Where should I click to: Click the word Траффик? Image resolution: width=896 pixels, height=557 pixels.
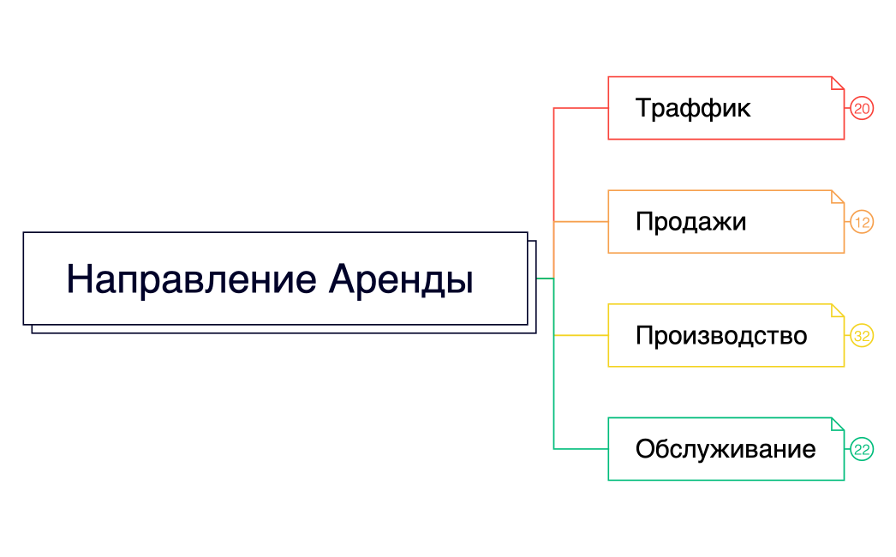point(692,109)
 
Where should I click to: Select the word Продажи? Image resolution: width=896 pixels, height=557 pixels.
point(690,222)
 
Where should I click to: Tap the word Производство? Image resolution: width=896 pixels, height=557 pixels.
point(720,335)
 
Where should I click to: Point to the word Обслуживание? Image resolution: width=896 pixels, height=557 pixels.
point(725,449)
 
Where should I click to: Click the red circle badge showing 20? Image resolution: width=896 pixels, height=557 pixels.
point(862,108)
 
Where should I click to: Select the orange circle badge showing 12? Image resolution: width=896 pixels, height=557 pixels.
point(862,222)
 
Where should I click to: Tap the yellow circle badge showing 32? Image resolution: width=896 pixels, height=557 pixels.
point(862,336)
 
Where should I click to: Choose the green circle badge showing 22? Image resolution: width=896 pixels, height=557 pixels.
point(862,449)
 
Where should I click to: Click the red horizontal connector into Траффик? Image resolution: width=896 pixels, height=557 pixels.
point(581,108)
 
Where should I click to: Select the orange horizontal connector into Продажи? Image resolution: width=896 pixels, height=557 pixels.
point(581,222)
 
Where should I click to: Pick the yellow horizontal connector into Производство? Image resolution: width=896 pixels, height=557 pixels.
point(581,336)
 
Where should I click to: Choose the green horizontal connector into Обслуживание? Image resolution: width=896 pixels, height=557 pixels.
point(581,449)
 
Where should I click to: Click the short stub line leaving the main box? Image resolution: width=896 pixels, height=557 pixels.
point(545,278)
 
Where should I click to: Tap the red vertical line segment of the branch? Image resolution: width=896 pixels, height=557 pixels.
point(554,163)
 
